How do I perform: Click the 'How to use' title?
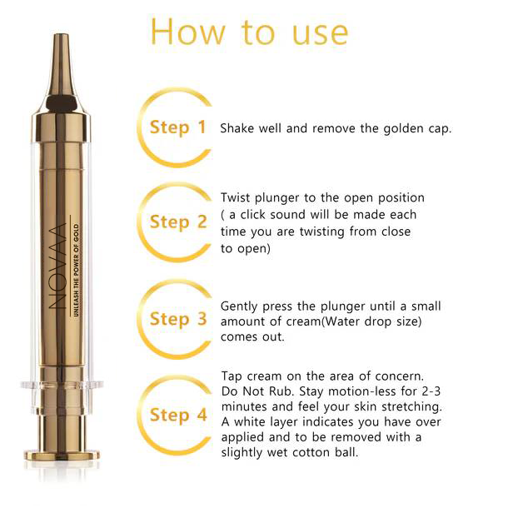pyautogui.click(x=250, y=32)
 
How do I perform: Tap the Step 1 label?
pyautogui.click(x=178, y=127)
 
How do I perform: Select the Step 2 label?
pyautogui.click(x=178, y=222)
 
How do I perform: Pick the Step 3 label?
pyautogui.click(x=178, y=319)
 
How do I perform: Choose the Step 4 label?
pyautogui.click(x=178, y=415)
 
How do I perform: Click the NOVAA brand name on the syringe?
pyautogui.click(x=57, y=266)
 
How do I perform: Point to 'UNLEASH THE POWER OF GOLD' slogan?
pyautogui.click(x=76, y=270)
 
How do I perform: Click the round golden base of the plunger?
pyautogui.click(x=62, y=456)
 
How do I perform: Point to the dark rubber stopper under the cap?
pyautogui.click(x=62, y=103)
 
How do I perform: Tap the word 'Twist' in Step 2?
pyautogui.click(x=236, y=197)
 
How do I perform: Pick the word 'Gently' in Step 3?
pyautogui.click(x=239, y=306)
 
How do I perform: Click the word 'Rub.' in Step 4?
pyautogui.click(x=281, y=391)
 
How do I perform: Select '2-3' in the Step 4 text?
pyautogui.click(x=431, y=391)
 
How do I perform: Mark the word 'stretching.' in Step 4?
pyautogui.click(x=411, y=407)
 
